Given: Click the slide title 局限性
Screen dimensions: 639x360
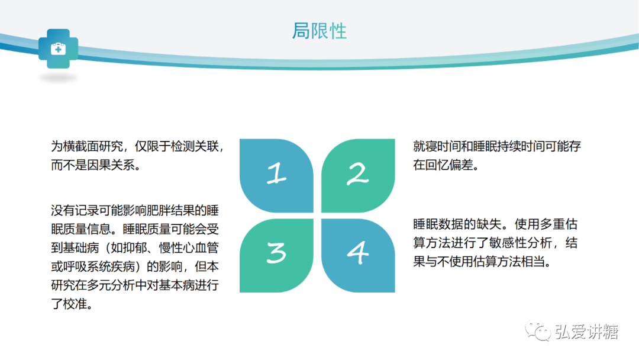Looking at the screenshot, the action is tap(319, 31).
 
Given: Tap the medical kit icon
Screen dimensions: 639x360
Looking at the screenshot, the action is tap(58, 49).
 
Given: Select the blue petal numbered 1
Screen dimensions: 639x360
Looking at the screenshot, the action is tap(276, 175).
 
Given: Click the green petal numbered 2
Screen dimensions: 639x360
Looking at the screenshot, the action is tap(358, 175).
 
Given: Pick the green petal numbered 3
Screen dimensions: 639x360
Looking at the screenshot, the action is tap(276, 256).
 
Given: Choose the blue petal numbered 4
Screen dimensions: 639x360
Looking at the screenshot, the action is tap(358, 256).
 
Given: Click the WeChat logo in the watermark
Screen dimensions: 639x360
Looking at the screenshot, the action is tap(538, 330).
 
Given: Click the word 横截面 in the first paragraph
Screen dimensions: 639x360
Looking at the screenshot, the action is tap(81, 146).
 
